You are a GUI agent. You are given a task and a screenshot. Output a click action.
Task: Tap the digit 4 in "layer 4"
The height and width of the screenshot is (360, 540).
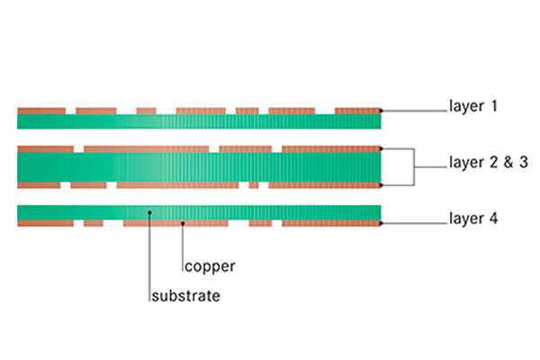pyautogui.click(x=493, y=218)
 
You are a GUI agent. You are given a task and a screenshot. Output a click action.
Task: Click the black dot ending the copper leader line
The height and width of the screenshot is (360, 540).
pyautogui.click(x=184, y=221)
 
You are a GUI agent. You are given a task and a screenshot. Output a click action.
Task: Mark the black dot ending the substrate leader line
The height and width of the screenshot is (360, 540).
pyautogui.click(x=149, y=212)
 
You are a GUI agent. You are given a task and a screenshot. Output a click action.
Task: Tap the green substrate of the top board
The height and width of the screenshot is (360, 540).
pyautogui.click(x=198, y=121)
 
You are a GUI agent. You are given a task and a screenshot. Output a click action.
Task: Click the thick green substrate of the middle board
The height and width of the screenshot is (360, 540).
pyautogui.click(x=198, y=166)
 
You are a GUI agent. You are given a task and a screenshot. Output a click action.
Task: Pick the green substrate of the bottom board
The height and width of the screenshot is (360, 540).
pyautogui.click(x=198, y=211)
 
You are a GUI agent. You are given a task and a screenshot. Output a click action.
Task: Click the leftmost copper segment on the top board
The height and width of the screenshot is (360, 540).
pyautogui.click(x=40, y=111)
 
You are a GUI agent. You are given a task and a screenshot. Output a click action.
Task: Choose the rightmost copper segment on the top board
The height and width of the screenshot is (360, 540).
pyautogui.click(x=357, y=111)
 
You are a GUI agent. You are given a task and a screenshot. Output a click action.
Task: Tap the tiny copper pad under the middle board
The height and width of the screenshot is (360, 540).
pyautogui.click(x=254, y=184)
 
